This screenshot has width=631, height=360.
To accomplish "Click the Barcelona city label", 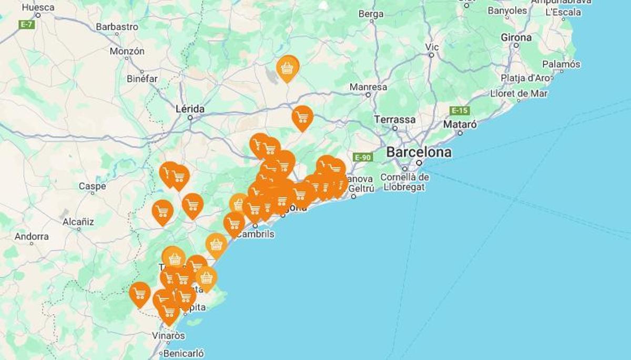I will [x=419, y=152].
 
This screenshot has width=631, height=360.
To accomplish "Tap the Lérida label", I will [x=190, y=109].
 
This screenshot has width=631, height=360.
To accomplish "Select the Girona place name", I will [x=516, y=37].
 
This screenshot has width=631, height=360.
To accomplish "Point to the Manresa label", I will [x=368, y=87].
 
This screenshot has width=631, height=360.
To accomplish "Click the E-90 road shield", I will [x=363, y=157].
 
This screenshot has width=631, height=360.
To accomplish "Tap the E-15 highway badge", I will [x=460, y=110].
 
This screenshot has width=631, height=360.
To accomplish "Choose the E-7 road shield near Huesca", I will [x=26, y=24].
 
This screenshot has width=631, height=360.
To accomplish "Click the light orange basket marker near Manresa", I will [x=287, y=68].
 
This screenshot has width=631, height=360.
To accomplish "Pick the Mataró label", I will [x=460, y=125].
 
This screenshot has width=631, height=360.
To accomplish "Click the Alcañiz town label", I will [x=78, y=222].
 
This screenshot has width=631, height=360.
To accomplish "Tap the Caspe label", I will [x=92, y=186].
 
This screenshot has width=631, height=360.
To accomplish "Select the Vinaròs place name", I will [x=168, y=335].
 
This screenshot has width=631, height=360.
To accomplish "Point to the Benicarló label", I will [x=184, y=353].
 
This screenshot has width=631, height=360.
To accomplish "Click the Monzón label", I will [x=127, y=52].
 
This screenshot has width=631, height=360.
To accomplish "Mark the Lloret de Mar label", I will [x=518, y=94].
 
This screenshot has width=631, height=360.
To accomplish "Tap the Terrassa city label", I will [x=394, y=119].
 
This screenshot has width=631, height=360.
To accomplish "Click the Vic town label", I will [x=431, y=47].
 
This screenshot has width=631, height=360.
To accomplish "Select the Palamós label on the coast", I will [x=561, y=64].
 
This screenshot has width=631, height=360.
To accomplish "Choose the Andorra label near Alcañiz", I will [x=32, y=236].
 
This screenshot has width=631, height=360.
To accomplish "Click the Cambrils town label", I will [x=256, y=234].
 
